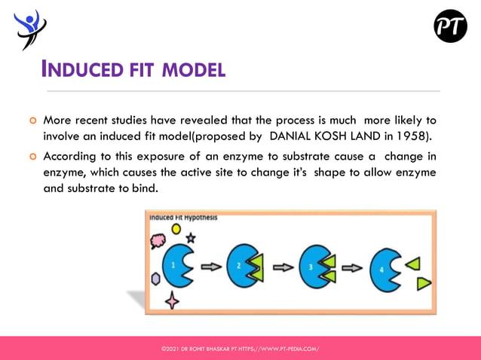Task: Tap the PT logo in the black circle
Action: pyautogui.click(x=450, y=26)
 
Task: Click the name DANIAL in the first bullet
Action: pyautogui.click(x=295, y=136)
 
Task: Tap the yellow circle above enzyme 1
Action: pyautogui.click(x=176, y=228)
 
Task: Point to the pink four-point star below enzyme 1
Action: pyautogui.click(x=172, y=300)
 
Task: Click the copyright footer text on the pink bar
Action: pyautogui.click(x=240, y=349)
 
